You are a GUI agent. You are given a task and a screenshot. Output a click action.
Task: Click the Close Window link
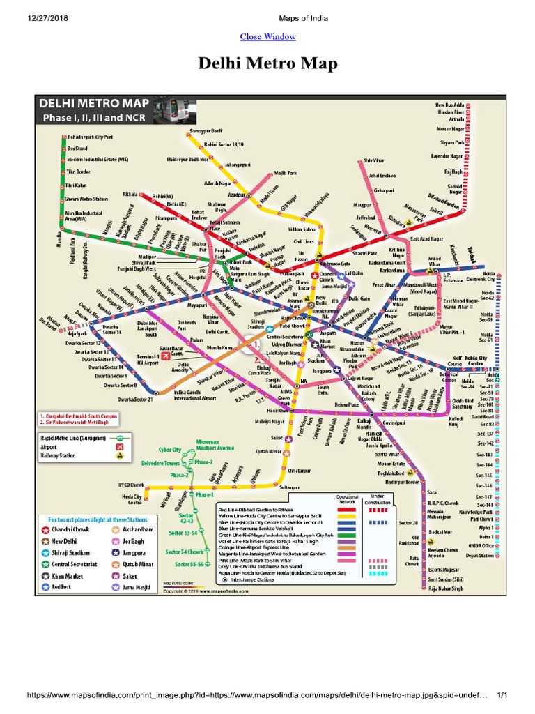(x=267, y=36)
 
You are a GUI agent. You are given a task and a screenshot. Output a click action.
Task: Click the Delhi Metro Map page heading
(x=267, y=65)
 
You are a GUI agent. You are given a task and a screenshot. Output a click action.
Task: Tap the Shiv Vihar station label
(x=375, y=160)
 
